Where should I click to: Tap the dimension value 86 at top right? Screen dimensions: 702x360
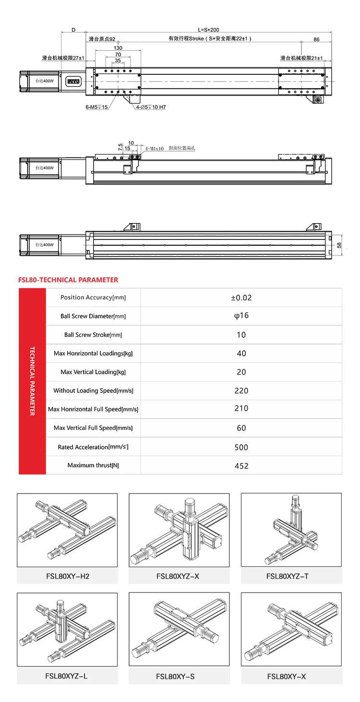coord(316,39)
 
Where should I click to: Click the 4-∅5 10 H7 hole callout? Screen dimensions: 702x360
coord(150,107)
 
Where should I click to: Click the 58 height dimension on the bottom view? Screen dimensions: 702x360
coord(339,245)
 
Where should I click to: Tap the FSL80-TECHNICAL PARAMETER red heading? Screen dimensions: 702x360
coord(68,280)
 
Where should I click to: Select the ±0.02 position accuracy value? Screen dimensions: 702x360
coord(241,297)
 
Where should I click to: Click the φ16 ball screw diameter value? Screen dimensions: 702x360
coord(241,316)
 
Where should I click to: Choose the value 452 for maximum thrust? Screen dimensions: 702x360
coord(241,465)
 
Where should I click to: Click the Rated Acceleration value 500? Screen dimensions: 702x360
coord(241,447)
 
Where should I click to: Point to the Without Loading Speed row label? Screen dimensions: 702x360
coord(93,391)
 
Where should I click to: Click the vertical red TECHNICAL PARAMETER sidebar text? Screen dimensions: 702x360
coord(32,381)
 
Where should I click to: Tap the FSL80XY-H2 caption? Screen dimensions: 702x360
coord(68,576)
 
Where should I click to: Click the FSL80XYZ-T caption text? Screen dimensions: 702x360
coord(288,576)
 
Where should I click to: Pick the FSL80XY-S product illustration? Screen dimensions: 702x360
coord(179,629)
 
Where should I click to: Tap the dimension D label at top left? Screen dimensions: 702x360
coord(73,30)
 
